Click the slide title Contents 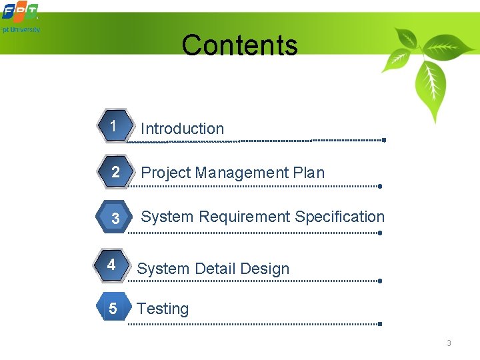(x=239, y=45)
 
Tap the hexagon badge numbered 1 (x=114, y=126)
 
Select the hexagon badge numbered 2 (x=115, y=172)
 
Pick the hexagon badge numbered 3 (x=115, y=218)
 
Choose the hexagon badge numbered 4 (x=112, y=265)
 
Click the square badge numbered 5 (x=112, y=308)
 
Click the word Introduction (x=183, y=129)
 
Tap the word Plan (x=309, y=173)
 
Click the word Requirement (x=245, y=217)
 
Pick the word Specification (x=340, y=217)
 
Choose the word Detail (x=215, y=269)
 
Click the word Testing (x=163, y=309)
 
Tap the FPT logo (x=19, y=12)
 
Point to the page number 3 (x=449, y=343)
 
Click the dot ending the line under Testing (x=379, y=323)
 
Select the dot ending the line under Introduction (x=384, y=140)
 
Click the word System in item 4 (x=163, y=269)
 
